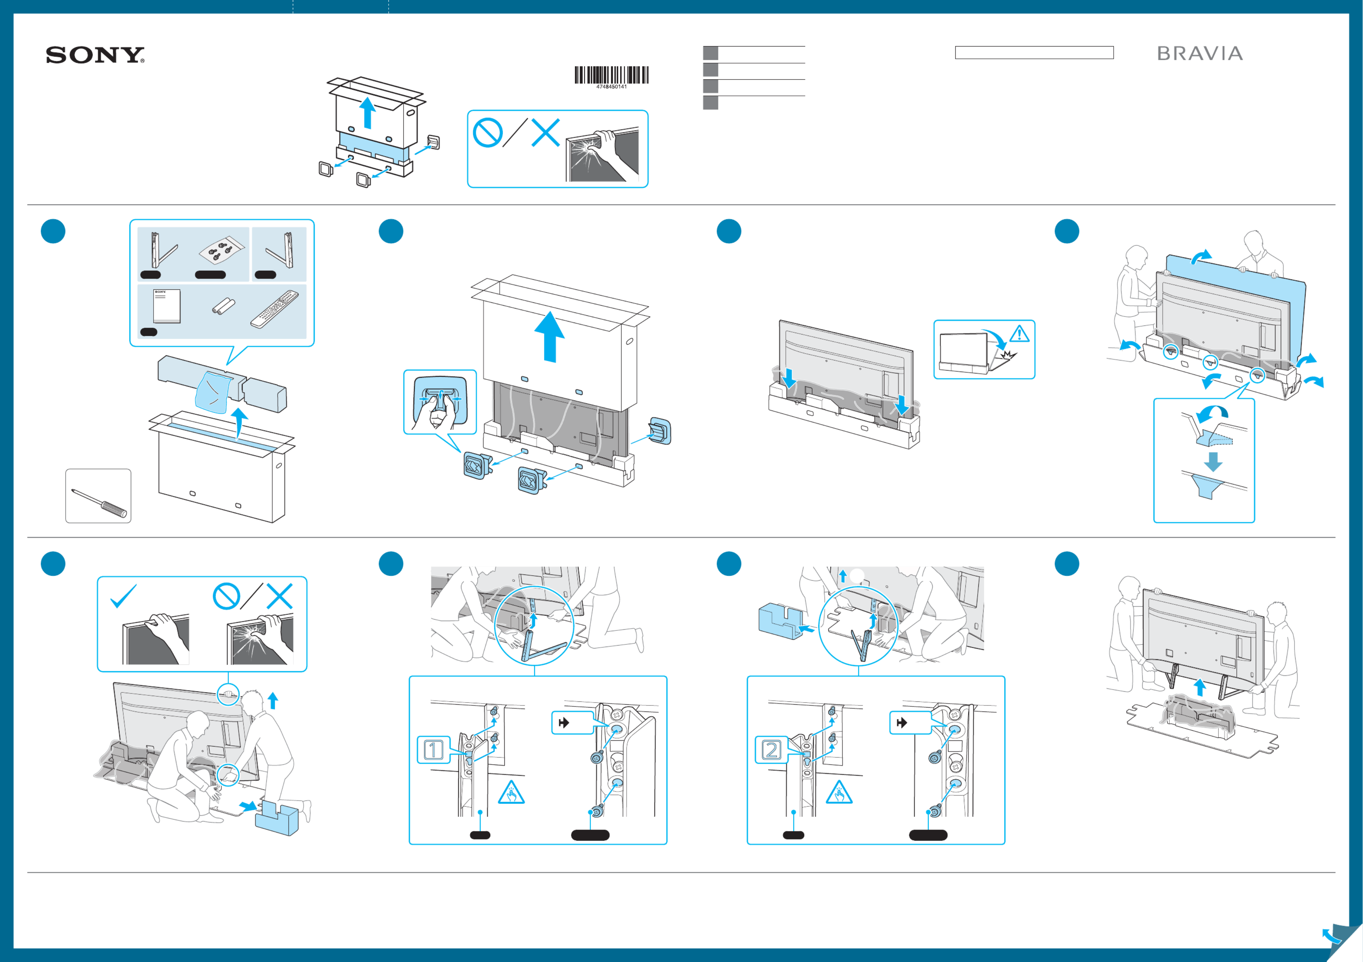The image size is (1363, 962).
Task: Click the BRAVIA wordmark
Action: [x=1200, y=53]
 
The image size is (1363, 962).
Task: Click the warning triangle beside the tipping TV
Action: [x=1019, y=333]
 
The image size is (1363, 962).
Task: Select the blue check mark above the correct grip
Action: [x=124, y=596]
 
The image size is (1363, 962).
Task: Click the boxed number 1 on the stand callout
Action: [x=433, y=750]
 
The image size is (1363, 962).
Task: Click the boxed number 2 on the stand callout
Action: [x=771, y=750]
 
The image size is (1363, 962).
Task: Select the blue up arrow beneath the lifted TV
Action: [x=1200, y=687]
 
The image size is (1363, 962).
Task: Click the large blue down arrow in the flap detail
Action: [x=1213, y=461]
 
